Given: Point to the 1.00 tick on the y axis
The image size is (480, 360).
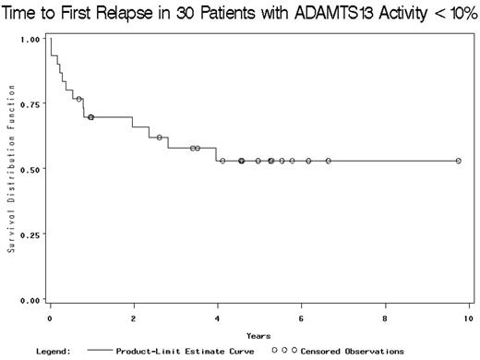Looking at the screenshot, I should [x=30, y=40].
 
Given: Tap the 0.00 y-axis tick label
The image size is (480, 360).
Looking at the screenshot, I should [x=30, y=300].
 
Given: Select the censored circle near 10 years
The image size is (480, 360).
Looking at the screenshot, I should [x=459, y=161].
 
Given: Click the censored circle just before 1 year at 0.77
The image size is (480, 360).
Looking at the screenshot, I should [x=79, y=99].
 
